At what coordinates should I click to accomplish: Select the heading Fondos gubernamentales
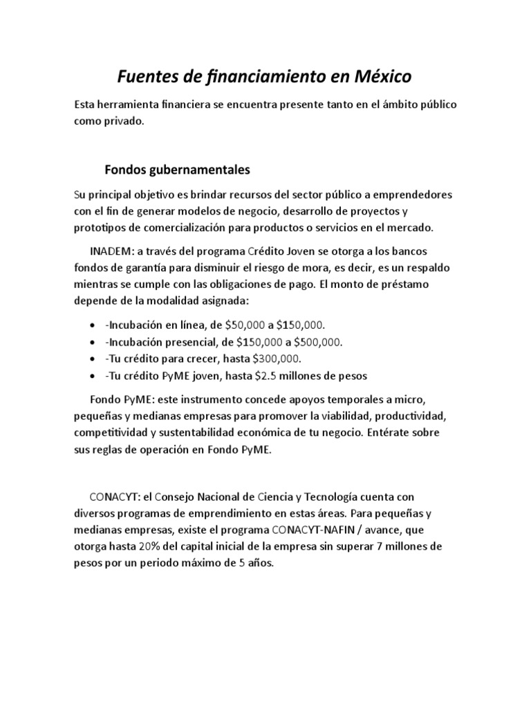[177, 169]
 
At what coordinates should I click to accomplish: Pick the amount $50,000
[248, 325]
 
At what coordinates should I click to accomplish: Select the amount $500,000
[317, 342]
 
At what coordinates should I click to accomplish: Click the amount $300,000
[276, 359]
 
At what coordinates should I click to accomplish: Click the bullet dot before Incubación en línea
[93, 325]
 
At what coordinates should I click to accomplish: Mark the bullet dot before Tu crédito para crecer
[93, 359]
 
